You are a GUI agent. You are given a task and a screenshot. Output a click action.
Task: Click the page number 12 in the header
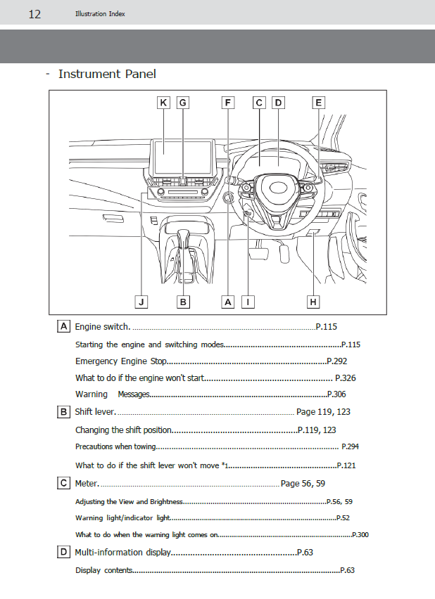34,14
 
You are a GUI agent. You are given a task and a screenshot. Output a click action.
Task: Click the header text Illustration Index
100,14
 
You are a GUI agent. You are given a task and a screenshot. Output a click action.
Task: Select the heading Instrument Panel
107,74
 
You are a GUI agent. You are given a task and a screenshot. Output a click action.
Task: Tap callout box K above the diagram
163,103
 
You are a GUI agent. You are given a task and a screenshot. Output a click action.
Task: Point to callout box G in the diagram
182,103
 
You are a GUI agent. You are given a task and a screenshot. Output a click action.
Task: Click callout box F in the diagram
227,103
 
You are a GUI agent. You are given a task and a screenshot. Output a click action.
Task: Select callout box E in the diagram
318,103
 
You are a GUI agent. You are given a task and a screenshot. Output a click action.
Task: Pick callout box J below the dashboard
141,302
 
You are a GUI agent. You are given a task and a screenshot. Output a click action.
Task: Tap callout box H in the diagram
313,302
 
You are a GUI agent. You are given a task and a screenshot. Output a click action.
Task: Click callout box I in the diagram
247,302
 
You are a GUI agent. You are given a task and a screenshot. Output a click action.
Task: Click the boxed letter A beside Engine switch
64,327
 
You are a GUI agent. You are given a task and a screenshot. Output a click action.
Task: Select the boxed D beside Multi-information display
64,553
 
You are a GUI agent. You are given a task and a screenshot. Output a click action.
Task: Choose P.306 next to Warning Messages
336,395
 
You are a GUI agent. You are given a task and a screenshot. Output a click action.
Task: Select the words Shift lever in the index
94,412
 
